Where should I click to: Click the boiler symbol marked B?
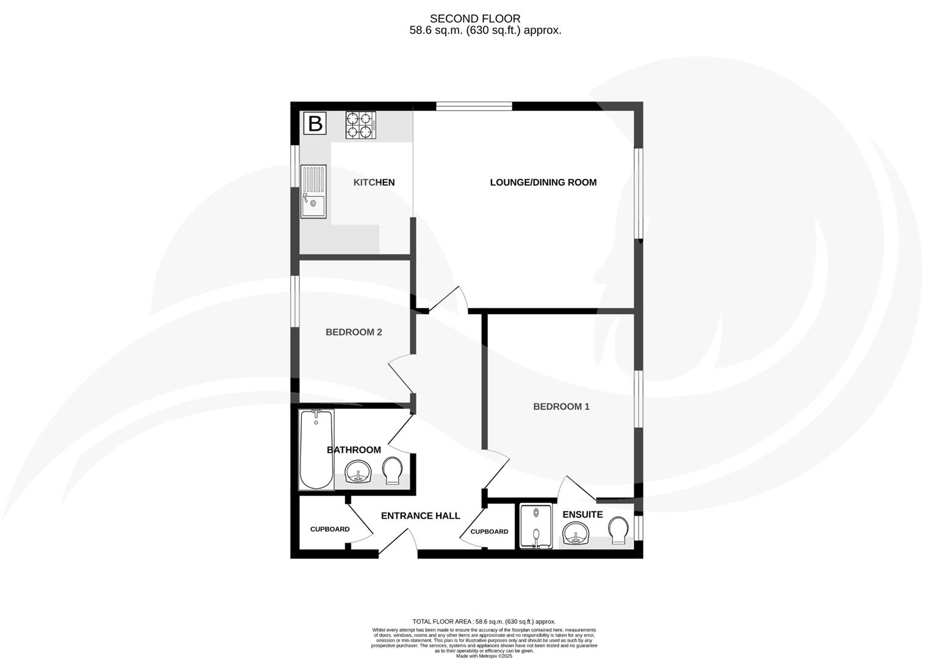click(315, 124)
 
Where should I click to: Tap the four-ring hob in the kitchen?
click(360, 125)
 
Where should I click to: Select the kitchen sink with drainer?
click(313, 191)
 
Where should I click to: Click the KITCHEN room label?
click(374, 182)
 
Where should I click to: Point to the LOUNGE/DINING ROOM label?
click(543, 182)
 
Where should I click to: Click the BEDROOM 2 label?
click(354, 333)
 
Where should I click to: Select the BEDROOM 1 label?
click(561, 406)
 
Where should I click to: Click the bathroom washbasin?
click(358, 472)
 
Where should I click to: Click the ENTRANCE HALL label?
click(420, 516)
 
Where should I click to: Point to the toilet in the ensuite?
click(618, 530)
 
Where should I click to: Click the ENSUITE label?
click(582, 514)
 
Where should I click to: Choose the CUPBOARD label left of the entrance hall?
click(330, 529)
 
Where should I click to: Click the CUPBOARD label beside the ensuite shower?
click(489, 531)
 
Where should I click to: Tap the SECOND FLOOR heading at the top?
click(475, 19)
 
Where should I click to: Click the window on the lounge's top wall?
click(474, 106)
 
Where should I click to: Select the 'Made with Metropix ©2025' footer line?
click(484, 656)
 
